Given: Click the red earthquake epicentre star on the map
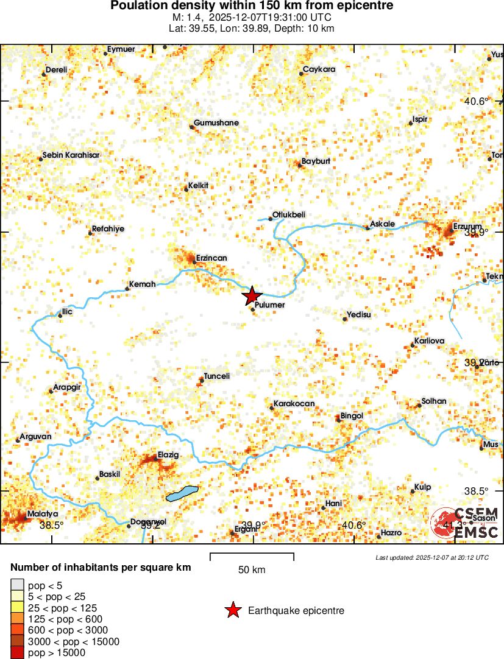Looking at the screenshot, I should click(x=251, y=297).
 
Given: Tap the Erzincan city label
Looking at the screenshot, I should click(x=210, y=258).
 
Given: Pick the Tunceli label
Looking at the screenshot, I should click(x=217, y=376).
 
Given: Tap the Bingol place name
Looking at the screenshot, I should click(x=352, y=415).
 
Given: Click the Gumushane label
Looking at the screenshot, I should click(x=216, y=123).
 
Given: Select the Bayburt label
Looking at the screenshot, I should click(x=316, y=161).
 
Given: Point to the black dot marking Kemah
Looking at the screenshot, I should click(x=127, y=289).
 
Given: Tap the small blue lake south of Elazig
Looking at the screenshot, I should click(x=182, y=493).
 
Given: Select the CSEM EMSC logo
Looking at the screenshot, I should click(x=466, y=523).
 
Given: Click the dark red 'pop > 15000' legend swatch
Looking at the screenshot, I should click(x=18, y=652).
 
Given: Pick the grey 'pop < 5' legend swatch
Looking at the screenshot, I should click(x=18, y=586).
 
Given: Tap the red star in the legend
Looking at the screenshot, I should click(x=233, y=610).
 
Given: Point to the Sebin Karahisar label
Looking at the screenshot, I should click(x=71, y=155).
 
